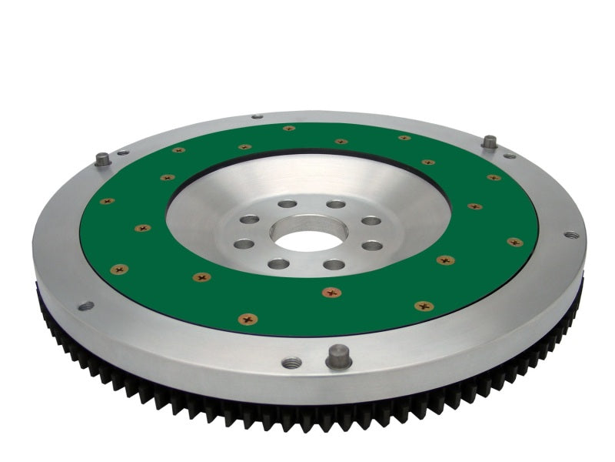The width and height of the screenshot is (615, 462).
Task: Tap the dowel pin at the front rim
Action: pyautogui.click(x=338, y=356)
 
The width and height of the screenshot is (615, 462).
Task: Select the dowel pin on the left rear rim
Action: pyautogui.click(x=102, y=159)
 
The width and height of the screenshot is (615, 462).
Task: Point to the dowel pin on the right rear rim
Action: pyautogui.click(x=489, y=142)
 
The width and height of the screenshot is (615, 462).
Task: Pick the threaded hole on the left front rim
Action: pyautogui.click(x=85, y=306)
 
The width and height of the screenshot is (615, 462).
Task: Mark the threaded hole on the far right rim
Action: pyautogui.click(x=570, y=234)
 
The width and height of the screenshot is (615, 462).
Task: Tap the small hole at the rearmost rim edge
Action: pyautogui.click(x=257, y=116)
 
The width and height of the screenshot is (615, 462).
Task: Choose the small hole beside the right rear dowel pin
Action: pyautogui.click(x=509, y=156)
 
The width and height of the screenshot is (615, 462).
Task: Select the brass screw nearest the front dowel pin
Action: pyautogui.click(x=331, y=293)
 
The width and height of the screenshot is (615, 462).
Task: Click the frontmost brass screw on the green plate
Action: pyautogui.click(x=248, y=318)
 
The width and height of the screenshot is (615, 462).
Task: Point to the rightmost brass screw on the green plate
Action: pyautogui.click(x=514, y=242)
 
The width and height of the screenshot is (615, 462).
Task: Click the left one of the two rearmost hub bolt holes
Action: pyautogui.click(x=287, y=204)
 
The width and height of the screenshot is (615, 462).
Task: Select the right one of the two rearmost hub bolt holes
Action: pyautogui.click(x=336, y=204)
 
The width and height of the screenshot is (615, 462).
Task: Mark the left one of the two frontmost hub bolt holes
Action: pyautogui.click(x=278, y=264)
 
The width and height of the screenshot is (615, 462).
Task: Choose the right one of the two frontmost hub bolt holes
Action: pyautogui.click(x=334, y=264)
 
